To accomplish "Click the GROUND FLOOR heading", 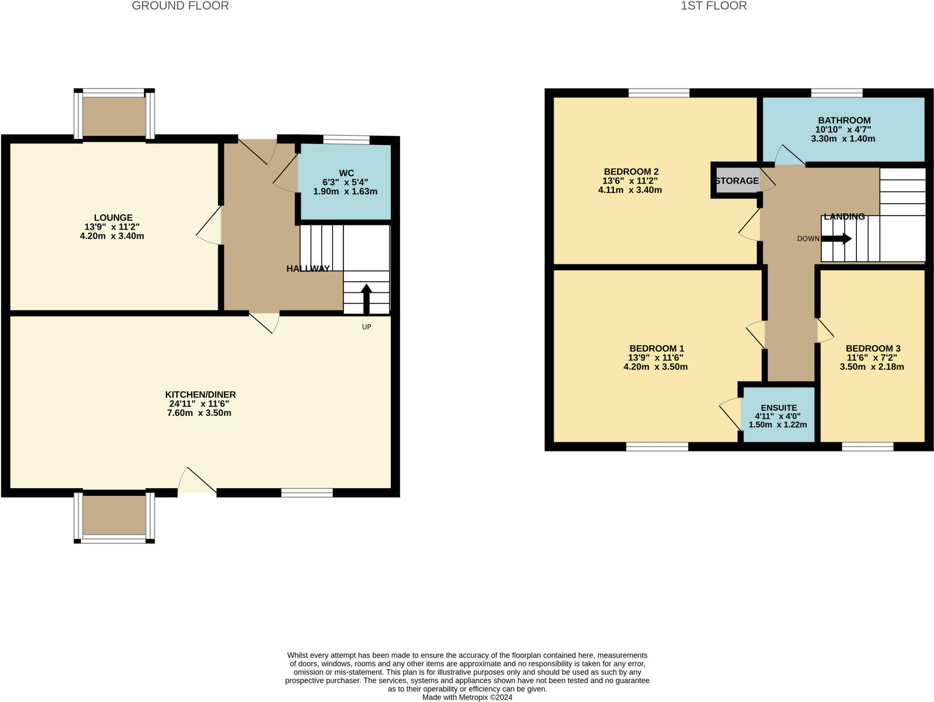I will [180, 6].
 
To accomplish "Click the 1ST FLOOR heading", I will [713, 6].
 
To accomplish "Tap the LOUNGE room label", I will [113, 218].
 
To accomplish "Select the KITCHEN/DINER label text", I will [200, 395].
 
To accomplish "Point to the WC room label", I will [346, 173].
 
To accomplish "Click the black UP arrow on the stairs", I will [366, 299].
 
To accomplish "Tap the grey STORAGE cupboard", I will [737, 181].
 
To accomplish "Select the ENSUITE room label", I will [778, 408].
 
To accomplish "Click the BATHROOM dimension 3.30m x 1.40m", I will [843, 139].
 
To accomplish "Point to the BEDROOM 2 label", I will [631, 172].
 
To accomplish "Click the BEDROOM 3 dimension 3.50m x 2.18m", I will [872, 367].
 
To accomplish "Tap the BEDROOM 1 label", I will [656, 349].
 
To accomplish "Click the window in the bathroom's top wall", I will [836, 93].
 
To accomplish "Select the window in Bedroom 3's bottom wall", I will [867, 447].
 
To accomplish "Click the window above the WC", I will [346, 139].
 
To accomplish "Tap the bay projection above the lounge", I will [114, 116].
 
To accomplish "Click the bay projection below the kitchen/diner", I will [114, 515].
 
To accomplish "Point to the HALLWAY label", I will [308, 269].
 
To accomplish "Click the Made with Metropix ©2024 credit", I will [467, 697].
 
